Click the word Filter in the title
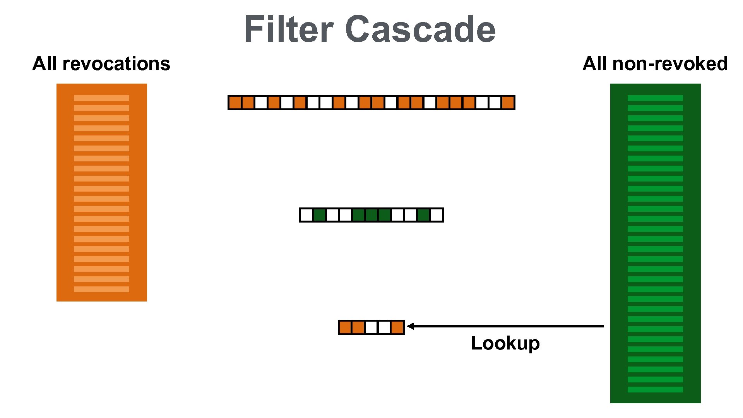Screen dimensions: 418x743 point(288,29)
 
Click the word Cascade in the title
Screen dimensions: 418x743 point(420,29)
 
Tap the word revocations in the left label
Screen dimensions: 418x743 point(116,64)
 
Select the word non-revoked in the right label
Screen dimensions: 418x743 point(670,64)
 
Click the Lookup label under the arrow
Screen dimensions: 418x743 point(505,343)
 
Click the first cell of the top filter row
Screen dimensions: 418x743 point(235,103)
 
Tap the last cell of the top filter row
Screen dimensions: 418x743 point(508,103)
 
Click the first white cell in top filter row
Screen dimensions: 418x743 point(261,103)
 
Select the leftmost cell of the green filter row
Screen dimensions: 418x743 point(306,215)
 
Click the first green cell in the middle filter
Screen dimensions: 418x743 point(319,215)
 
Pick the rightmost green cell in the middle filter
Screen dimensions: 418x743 point(423,215)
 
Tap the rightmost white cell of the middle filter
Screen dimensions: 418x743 point(437,215)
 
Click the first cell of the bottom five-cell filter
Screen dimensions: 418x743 point(345,327)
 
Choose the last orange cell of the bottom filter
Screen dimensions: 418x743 point(397,327)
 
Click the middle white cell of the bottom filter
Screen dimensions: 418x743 point(371,327)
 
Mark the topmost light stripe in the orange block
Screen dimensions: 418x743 point(101,98)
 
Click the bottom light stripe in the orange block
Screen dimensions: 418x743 point(101,289)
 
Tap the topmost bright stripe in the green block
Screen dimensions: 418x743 point(655,98)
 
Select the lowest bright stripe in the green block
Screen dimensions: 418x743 point(655,389)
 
